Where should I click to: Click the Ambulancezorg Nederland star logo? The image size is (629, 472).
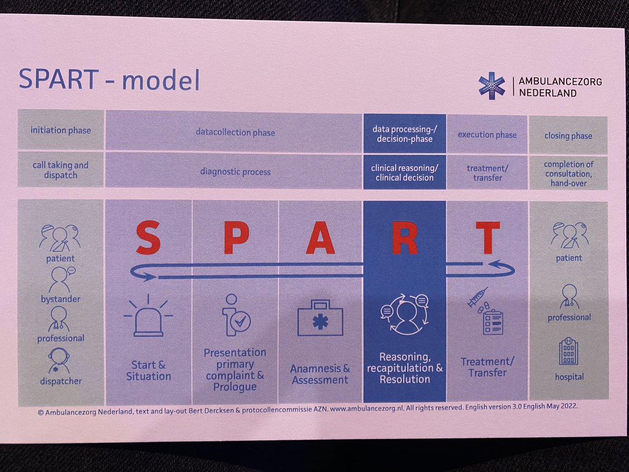pos(492,86)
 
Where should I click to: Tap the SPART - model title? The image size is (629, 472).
pos(109,79)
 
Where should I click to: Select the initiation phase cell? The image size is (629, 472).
pos(61,131)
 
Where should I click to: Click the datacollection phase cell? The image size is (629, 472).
pos(235,132)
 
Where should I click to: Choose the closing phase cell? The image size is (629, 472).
pos(568,135)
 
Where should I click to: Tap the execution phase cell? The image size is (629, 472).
pos(487,135)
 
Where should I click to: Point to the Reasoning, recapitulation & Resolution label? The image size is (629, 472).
pos(405,368)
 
